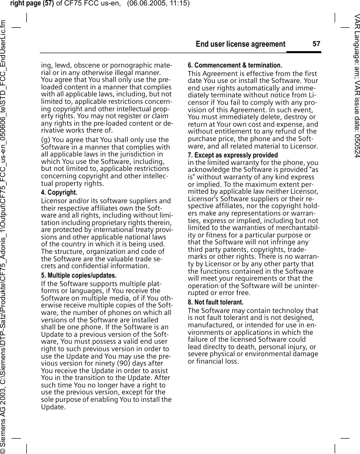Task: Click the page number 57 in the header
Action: point(316,44)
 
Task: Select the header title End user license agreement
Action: point(241,44)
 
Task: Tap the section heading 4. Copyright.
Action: point(59,192)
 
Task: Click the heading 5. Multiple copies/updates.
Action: point(79,275)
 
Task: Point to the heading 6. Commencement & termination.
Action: point(235,66)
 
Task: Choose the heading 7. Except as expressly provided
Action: point(233,155)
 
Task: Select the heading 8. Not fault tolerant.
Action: point(215,302)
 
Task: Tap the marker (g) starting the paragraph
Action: point(46,140)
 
